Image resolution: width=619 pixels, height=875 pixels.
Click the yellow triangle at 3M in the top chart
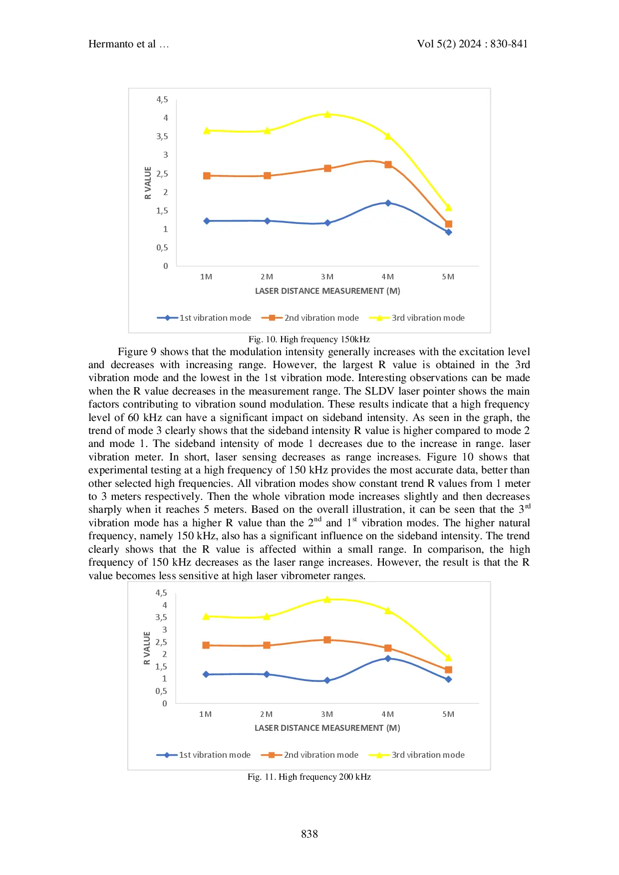[327, 114]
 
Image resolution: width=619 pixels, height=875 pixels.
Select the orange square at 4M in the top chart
[388, 165]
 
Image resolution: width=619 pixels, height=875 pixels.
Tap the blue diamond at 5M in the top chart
[448, 232]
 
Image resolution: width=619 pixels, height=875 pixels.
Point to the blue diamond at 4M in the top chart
[388, 203]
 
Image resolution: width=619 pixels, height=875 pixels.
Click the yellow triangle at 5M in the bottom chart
[448, 657]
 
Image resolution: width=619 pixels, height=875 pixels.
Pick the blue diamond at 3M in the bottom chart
[327, 680]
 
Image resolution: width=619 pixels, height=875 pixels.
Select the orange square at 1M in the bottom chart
[206, 645]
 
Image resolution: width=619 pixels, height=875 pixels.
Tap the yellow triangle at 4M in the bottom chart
[388, 610]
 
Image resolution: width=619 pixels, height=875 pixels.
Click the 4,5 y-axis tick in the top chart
[162, 100]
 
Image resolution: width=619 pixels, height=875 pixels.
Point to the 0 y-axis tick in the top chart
[166, 266]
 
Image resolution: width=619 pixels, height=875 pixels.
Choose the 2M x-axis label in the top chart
[267, 277]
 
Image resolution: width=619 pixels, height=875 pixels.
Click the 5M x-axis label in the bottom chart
[448, 714]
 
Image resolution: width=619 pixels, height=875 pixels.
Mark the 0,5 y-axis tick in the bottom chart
[161, 691]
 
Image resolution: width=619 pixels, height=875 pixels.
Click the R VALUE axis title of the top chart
[148, 183]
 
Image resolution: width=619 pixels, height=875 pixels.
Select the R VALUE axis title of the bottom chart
[147, 648]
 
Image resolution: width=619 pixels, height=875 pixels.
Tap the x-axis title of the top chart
[327, 291]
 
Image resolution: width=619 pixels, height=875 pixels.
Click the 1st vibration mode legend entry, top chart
[215, 318]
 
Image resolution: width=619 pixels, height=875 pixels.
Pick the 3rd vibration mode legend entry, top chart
[428, 318]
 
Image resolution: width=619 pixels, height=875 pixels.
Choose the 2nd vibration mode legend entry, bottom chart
[320, 755]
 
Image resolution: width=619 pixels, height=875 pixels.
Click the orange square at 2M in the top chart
[267, 176]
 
